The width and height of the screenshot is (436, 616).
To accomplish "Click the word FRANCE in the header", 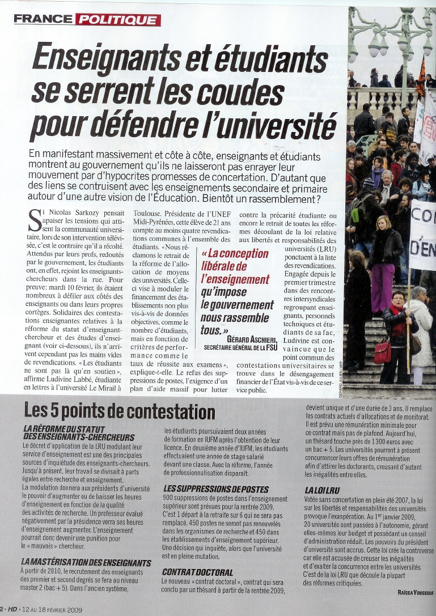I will pos(43,20).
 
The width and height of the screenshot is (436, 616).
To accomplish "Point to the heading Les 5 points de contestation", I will pos(120,412).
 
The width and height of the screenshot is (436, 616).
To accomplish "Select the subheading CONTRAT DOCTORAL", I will pos(197,572).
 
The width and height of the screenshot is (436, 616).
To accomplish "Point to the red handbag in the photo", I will pos(382,351).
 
